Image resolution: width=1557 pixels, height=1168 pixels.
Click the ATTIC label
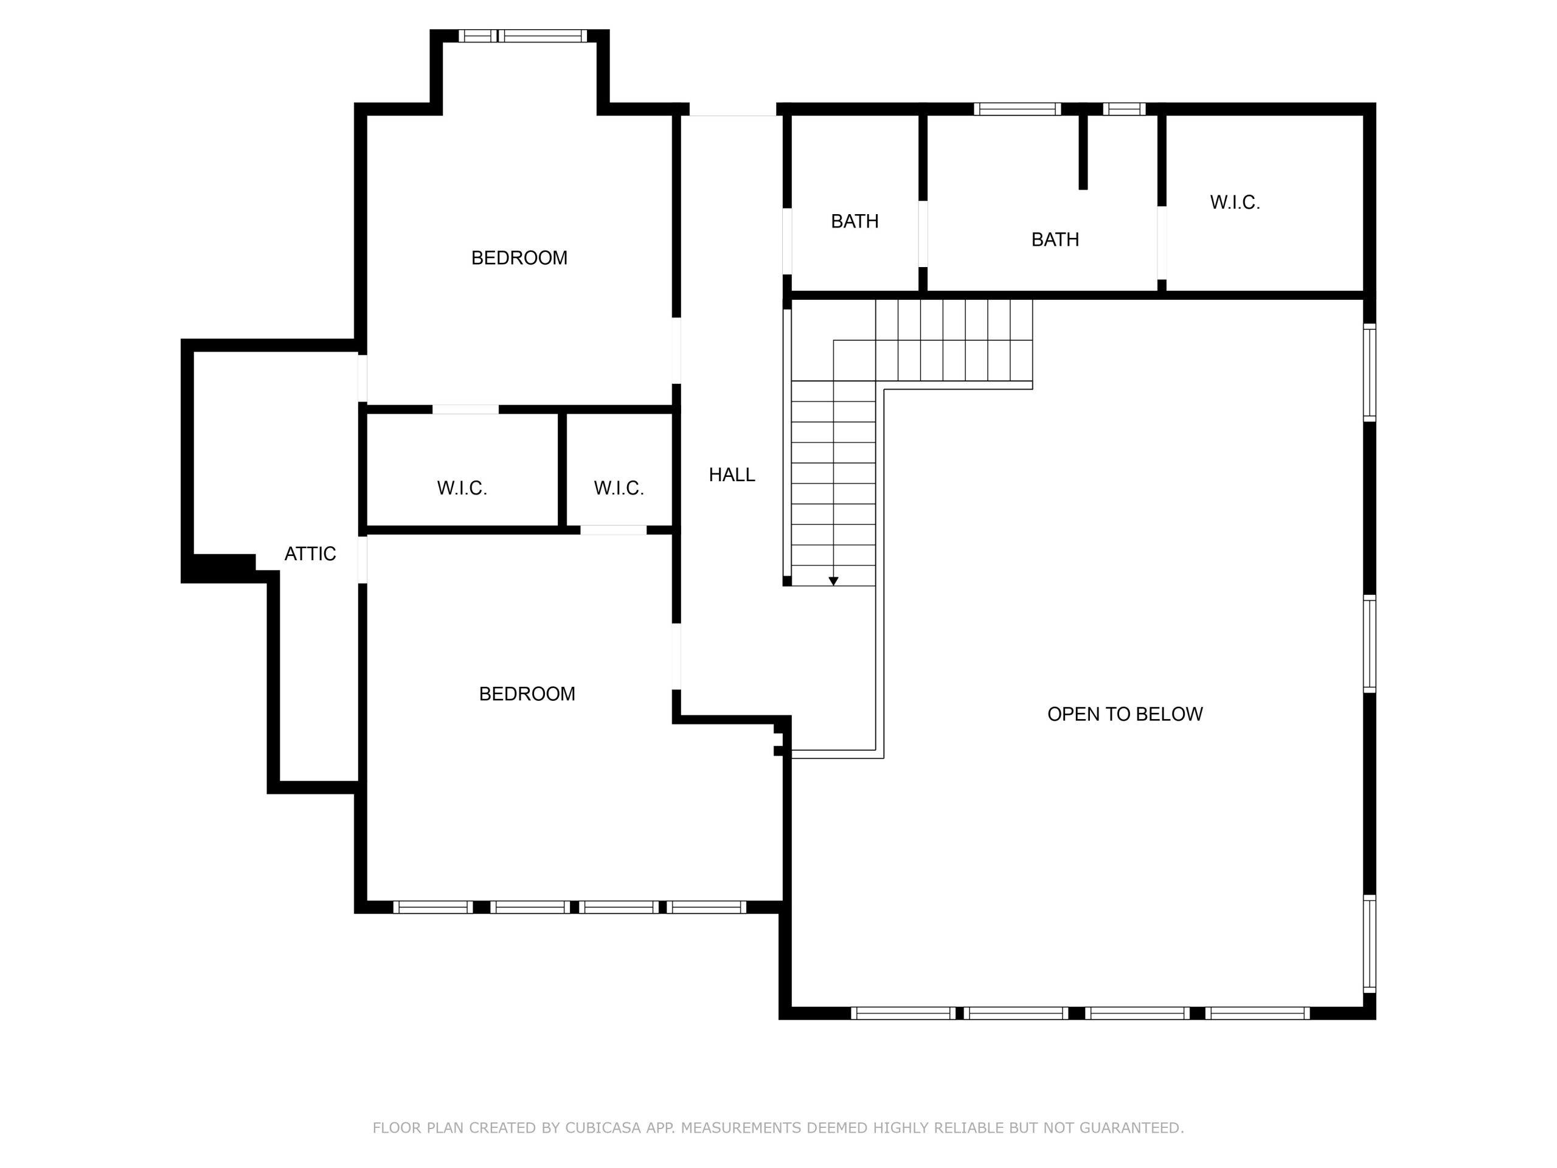310,554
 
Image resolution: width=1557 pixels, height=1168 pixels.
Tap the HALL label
732,475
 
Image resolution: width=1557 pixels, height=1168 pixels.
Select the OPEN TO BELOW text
1125,714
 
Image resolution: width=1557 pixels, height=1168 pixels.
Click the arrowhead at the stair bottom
833,582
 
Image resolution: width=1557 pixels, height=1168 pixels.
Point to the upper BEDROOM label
519,259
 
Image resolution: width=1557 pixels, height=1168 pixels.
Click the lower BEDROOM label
527,694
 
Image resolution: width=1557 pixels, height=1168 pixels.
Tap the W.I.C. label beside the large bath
1235,203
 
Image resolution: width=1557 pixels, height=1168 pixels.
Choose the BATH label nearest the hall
855,222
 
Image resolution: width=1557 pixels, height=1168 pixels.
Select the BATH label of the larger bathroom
1055,240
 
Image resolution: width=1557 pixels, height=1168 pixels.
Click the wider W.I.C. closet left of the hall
462,470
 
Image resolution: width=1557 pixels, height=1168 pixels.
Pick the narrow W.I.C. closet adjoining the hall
619,470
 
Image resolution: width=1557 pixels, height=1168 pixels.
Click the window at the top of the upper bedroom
522,36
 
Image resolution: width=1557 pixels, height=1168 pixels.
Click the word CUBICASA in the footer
603,1128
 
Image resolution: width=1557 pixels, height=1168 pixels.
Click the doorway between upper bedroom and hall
676,350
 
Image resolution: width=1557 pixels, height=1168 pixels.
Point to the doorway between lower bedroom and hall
676,657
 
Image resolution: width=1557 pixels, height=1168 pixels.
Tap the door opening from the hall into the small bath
787,241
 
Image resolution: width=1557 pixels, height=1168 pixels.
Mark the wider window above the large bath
1017,109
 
